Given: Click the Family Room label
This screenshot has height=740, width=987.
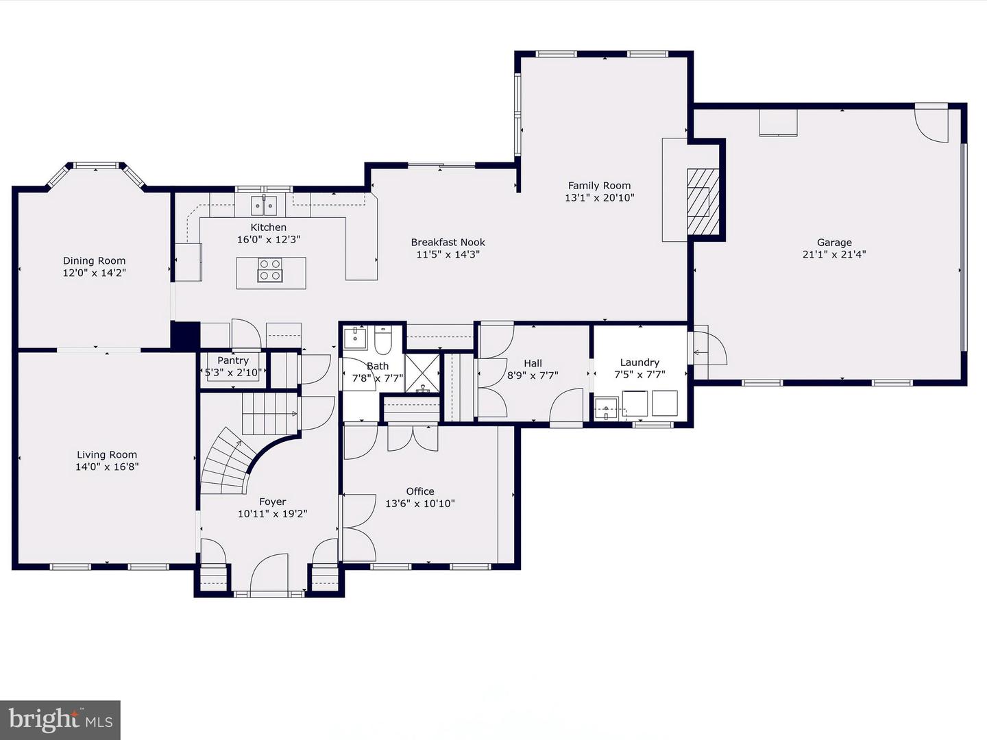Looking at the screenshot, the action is pyautogui.click(x=599, y=186).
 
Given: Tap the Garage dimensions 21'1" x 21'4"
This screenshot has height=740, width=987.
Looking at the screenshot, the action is pyautogui.click(x=834, y=254).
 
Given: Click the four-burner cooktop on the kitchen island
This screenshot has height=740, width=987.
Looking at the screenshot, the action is pyautogui.click(x=270, y=270).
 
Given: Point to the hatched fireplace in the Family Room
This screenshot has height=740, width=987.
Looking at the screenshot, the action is pyautogui.click(x=703, y=201).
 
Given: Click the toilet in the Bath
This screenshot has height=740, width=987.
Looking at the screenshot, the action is pyautogui.click(x=383, y=340).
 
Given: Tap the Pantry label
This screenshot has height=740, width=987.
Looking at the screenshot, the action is pyautogui.click(x=233, y=360).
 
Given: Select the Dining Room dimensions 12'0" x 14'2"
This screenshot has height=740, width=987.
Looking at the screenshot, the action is pyautogui.click(x=95, y=273).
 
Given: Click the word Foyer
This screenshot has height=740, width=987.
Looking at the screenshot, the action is pyautogui.click(x=273, y=502).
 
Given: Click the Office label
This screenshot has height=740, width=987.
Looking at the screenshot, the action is pyautogui.click(x=420, y=491).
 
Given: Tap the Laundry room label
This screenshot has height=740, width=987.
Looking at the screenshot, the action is pyautogui.click(x=639, y=362).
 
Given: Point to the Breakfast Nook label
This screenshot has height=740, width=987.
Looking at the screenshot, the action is pyautogui.click(x=448, y=242).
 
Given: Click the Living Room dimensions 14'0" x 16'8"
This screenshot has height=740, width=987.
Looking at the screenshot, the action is pyautogui.click(x=107, y=467).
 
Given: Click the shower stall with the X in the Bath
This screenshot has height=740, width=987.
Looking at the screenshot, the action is pyautogui.click(x=422, y=373).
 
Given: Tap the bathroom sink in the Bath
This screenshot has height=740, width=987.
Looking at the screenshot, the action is pyautogui.click(x=355, y=338).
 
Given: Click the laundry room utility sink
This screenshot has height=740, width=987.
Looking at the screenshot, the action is pyautogui.click(x=607, y=408).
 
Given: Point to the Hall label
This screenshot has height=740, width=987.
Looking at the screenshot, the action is pyautogui.click(x=533, y=363).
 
